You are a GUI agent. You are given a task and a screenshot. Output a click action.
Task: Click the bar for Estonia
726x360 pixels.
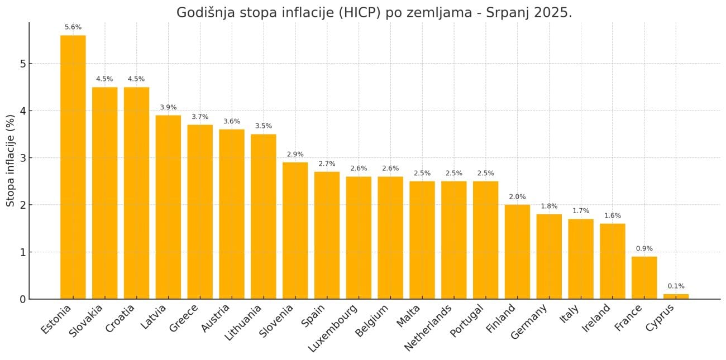click(x=73, y=167)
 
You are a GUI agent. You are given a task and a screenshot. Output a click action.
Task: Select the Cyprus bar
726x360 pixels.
click(x=676, y=296)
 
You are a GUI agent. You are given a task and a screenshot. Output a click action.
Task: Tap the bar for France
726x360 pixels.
click(x=644, y=278)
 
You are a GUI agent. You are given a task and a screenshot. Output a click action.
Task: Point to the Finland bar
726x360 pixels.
click(x=517, y=252)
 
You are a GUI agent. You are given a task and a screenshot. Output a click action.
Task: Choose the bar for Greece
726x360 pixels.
click(x=200, y=212)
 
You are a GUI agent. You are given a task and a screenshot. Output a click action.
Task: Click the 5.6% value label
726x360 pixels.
click(x=73, y=27)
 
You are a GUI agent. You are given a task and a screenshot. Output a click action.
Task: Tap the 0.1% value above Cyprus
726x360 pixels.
click(x=676, y=286)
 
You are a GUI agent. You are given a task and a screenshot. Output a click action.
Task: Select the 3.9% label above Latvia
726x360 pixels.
click(x=168, y=107)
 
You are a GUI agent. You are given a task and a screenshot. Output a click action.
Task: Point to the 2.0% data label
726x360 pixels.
click(x=517, y=196)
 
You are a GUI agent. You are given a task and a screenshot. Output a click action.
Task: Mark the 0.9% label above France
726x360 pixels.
click(x=644, y=248)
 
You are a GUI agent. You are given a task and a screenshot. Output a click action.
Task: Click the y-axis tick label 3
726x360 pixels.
click(x=22, y=158)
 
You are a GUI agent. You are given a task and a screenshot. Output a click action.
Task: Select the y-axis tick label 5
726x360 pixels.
click(x=22, y=64)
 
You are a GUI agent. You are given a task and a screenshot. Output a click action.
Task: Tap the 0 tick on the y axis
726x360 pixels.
click(x=22, y=299)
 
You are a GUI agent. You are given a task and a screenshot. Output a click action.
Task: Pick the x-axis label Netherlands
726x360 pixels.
click(x=429, y=328)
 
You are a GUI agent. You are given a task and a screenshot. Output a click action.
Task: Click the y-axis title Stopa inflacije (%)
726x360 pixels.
click(x=11, y=160)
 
